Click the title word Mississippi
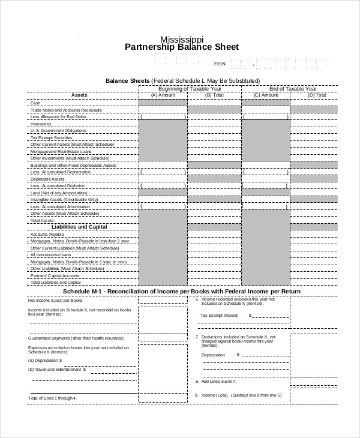click(181, 37)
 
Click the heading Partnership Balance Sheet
click(181, 47)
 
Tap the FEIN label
click(220, 63)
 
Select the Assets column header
click(79, 95)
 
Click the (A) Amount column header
click(163, 95)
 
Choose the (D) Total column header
click(317, 95)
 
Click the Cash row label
click(35, 103)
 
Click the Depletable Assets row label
click(47, 179)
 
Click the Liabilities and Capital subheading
click(79, 227)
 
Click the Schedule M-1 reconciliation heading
click(181, 291)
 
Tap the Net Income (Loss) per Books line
click(56, 299)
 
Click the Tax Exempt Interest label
click(219, 315)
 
